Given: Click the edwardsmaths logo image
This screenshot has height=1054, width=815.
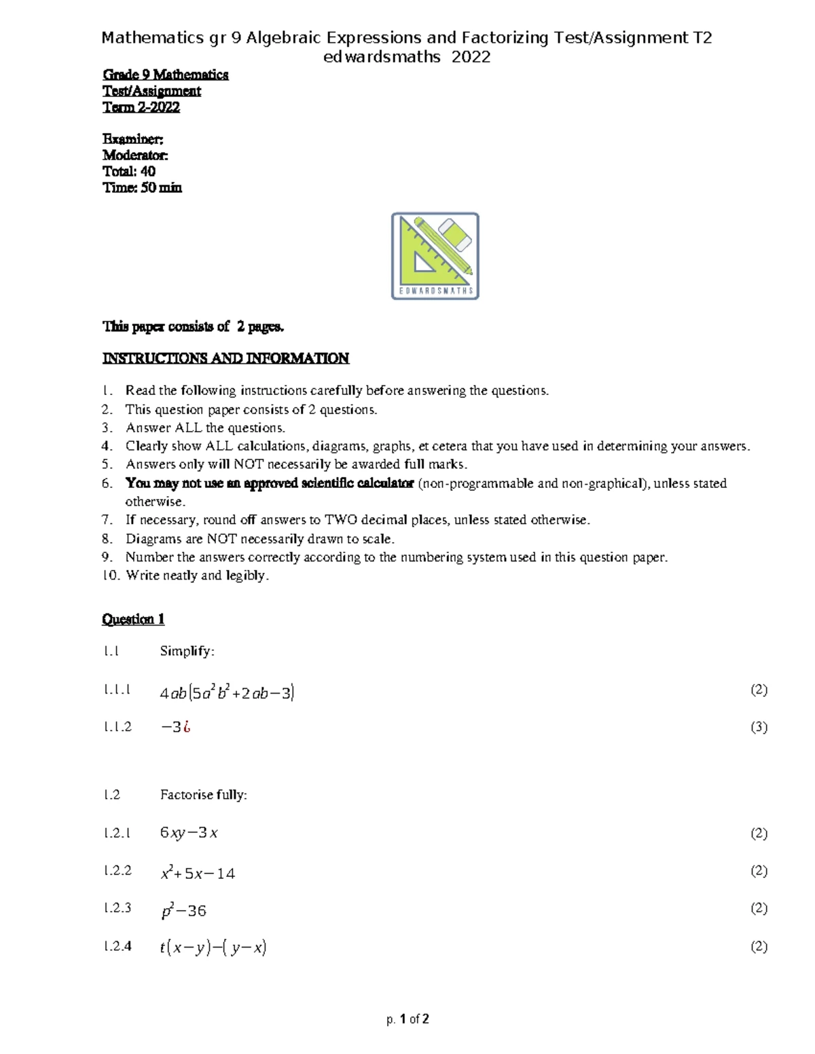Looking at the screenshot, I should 435,256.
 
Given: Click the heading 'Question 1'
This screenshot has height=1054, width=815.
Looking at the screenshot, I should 133,619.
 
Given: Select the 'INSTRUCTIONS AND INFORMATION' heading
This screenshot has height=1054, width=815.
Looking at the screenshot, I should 225,358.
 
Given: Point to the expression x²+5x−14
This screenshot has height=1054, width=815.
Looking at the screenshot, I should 198,873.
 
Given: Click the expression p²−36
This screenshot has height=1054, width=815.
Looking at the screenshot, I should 183,911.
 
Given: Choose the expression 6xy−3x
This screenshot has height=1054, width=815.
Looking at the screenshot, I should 189,833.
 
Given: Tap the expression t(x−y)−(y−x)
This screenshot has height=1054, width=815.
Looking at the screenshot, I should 213,947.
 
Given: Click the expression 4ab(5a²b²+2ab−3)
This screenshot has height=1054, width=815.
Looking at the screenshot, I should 227,693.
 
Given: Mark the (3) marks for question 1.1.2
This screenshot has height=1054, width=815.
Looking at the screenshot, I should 759,727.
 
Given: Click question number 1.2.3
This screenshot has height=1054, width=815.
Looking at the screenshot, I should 117,908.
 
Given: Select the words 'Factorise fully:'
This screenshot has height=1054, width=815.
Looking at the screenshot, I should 204,795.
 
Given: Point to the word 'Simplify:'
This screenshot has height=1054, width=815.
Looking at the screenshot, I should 187,651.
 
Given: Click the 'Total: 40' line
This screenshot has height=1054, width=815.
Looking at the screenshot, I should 129,172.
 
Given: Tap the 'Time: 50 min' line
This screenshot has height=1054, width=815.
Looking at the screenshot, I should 142,188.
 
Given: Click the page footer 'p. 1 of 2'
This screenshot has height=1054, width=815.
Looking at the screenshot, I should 407,1019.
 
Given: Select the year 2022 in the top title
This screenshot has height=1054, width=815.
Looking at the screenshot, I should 471,57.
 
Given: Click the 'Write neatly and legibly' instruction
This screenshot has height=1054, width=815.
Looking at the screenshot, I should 197,576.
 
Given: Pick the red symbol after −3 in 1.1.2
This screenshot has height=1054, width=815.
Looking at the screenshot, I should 187,727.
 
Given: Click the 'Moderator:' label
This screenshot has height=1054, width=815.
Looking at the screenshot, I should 135,155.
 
